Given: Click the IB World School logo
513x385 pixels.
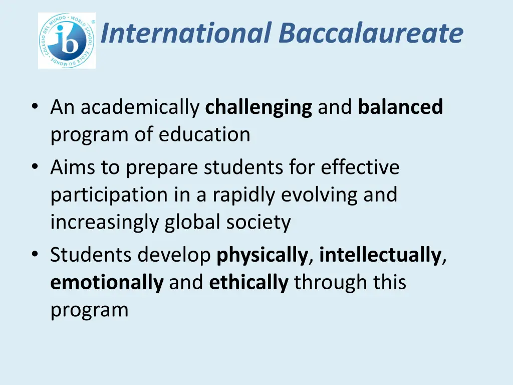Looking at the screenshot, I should coord(67,41).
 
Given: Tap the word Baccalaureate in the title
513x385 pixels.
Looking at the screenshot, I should coord(371,33).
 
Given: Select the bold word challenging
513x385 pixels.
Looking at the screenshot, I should coord(259,108).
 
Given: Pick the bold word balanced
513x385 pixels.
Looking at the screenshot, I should coord(400,107).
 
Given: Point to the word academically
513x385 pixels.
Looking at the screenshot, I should coord(140,108).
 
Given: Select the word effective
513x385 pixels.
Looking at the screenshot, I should coord(360,167).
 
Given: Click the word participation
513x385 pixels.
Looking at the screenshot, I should coord(109,195).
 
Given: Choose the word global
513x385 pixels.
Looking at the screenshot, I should coord(192,222).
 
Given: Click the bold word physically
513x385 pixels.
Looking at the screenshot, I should coord(262,256).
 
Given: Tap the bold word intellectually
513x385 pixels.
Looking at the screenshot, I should coord(380,255).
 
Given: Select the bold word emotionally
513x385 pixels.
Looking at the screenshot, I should coord(107,282).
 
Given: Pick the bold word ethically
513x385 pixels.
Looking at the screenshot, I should coord(248,282).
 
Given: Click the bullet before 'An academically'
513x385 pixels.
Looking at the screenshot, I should coord(34,106).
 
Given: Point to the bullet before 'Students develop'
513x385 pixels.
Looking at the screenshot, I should coord(34,254).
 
